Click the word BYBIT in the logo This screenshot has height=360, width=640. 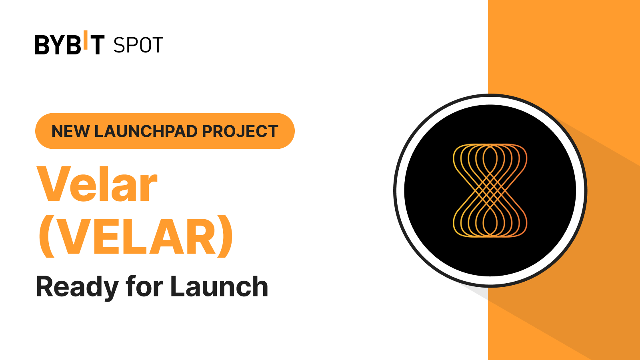tap(70, 44)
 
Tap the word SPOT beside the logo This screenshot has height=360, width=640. tap(138, 45)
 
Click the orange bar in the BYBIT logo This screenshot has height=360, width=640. tap(85, 40)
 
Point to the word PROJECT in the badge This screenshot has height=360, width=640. tap(240, 131)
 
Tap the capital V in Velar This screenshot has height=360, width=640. tap(54, 184)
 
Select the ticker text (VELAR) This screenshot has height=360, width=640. tap(136, 237)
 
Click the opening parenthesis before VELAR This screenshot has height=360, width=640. tap(46, 237)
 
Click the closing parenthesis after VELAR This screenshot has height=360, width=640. tap(225, 237)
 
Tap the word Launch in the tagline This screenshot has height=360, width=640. tap(219, 286)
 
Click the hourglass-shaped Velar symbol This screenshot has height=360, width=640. tap(490, 190)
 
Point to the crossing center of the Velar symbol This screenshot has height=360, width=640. tap(490, 190)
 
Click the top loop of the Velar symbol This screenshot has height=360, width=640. tap(490, 158)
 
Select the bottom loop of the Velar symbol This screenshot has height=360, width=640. tap(490, 222)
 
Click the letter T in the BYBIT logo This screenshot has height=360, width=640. tap(96, 45)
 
